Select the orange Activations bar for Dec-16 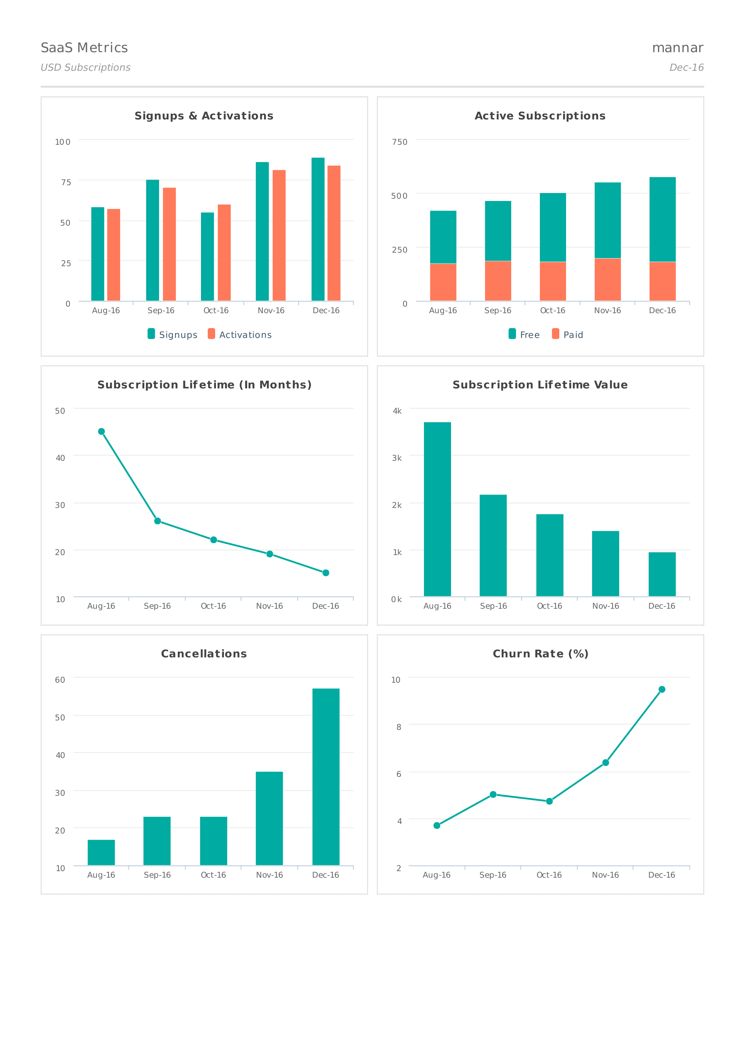[334, 233]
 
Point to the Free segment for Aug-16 [443, 237]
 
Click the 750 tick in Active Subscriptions [399, 142]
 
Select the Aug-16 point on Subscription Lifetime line [101, 432]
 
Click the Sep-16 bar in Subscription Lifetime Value [493, 545]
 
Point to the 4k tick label [397, 411]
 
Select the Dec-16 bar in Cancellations [326, 777]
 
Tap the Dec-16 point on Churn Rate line [662, 690]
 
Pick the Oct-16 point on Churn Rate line [549, 801]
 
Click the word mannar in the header [677, 48]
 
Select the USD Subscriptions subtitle [85, 68]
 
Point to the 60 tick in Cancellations [60, 680]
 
